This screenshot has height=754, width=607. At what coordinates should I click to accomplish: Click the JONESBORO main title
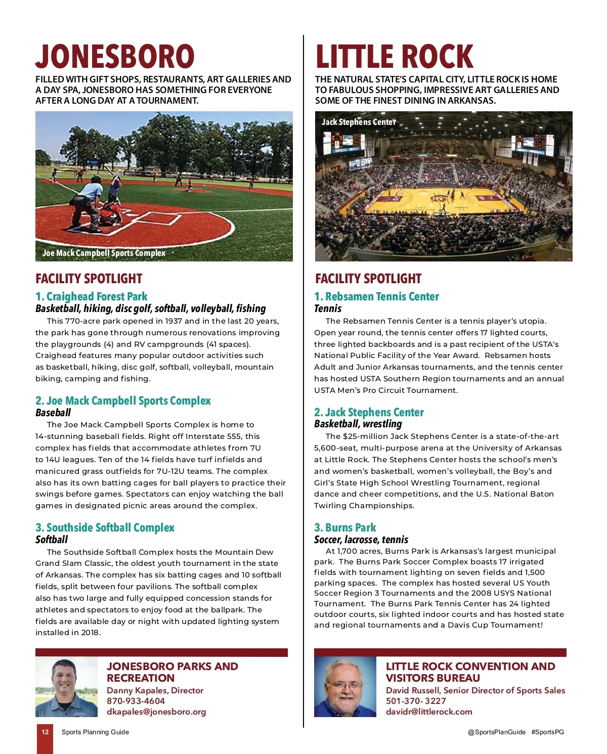tap(115, 56)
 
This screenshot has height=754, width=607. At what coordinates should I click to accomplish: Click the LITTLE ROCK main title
tap(394, 56)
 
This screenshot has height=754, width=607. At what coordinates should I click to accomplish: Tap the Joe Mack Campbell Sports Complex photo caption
tap(104, 253)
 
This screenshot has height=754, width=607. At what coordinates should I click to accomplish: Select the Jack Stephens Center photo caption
tap(359, 122)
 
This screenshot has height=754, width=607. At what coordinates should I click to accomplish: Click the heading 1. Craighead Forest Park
tap(92, 296)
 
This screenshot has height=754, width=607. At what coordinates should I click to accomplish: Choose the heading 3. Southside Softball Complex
tap(105, 527)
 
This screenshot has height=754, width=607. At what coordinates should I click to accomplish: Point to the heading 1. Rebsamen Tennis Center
tap(376, 296)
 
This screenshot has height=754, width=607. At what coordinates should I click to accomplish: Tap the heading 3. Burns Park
tap(345, 527)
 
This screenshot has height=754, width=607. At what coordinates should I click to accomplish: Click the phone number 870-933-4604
tap(136, 701)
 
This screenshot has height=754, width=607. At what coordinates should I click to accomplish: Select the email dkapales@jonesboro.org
tap(156, 712)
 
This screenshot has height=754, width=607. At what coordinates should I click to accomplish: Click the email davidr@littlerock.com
tap(429, 712)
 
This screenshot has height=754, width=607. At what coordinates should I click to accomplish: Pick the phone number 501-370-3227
tap(416, 701)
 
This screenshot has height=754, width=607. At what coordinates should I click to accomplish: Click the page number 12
tap(45, 732)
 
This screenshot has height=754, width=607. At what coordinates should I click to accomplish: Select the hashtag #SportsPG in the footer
tap(547, 732)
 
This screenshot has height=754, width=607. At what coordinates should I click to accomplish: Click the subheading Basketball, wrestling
tap(358, 424)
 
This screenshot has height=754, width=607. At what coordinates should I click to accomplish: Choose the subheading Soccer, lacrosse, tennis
tap(361, 540)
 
